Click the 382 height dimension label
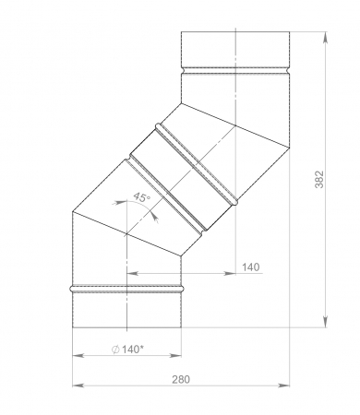click(x=319, y=179)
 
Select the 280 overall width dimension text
click(x=181, y=380)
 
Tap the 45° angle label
click(x=142, y=197)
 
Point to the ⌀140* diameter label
click(x=127, y=350)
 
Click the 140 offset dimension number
click(x=251, y=267)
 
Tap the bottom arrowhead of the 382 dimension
click(x=326, y=322)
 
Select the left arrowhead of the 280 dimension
click(x=78, y=385)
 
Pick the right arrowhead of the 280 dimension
click(x=283, y=385)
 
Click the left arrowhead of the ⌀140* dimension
click(x=78, y=356)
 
